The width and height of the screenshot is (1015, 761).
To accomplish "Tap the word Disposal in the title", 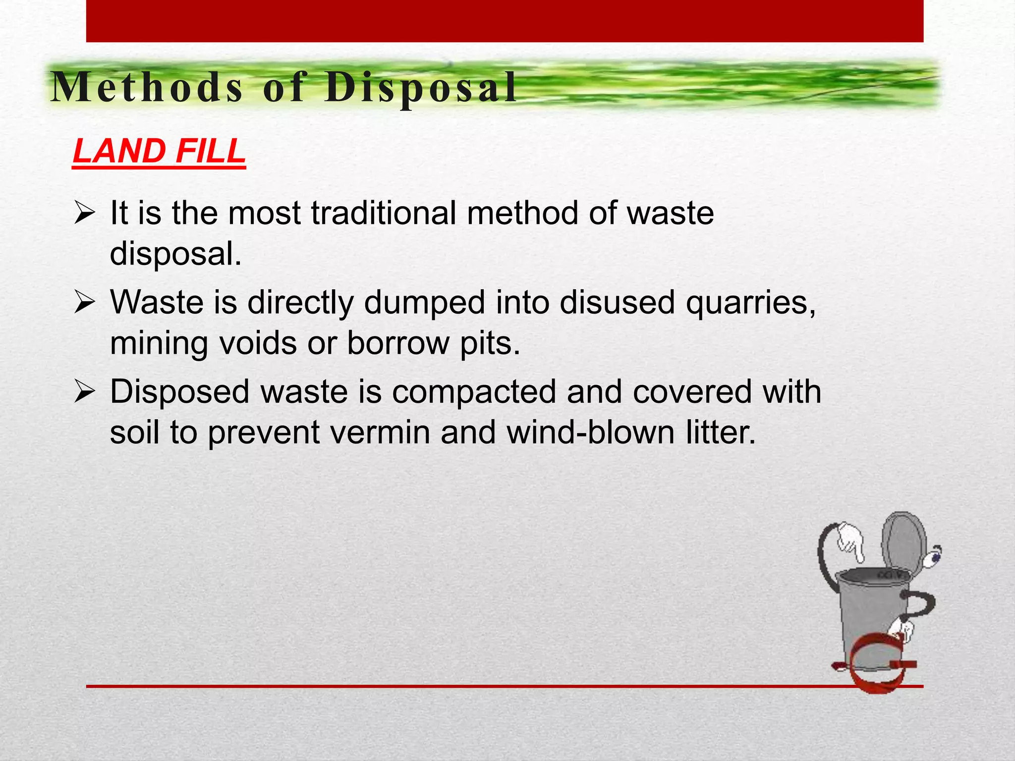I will [x=421, y=88].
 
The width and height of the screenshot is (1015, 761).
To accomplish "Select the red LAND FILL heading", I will [x=159, y=151].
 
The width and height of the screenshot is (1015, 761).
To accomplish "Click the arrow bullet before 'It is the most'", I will [x=84, y=214].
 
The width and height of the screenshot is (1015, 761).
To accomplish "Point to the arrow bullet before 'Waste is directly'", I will [x=84, y=303].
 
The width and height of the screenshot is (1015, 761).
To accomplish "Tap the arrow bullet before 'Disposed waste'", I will [x=84, y=392].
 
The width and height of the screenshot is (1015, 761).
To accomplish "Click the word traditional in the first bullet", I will [x=384, y=214].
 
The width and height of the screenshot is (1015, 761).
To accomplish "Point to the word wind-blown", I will [x=590, y=432].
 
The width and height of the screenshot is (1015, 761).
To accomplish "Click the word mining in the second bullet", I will [x=159, y=343].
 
